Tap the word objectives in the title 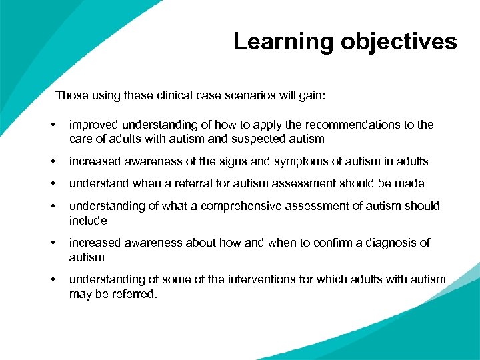(x=399, y=42)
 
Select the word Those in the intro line (x=71, y=95)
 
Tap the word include (x=88, y=220)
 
